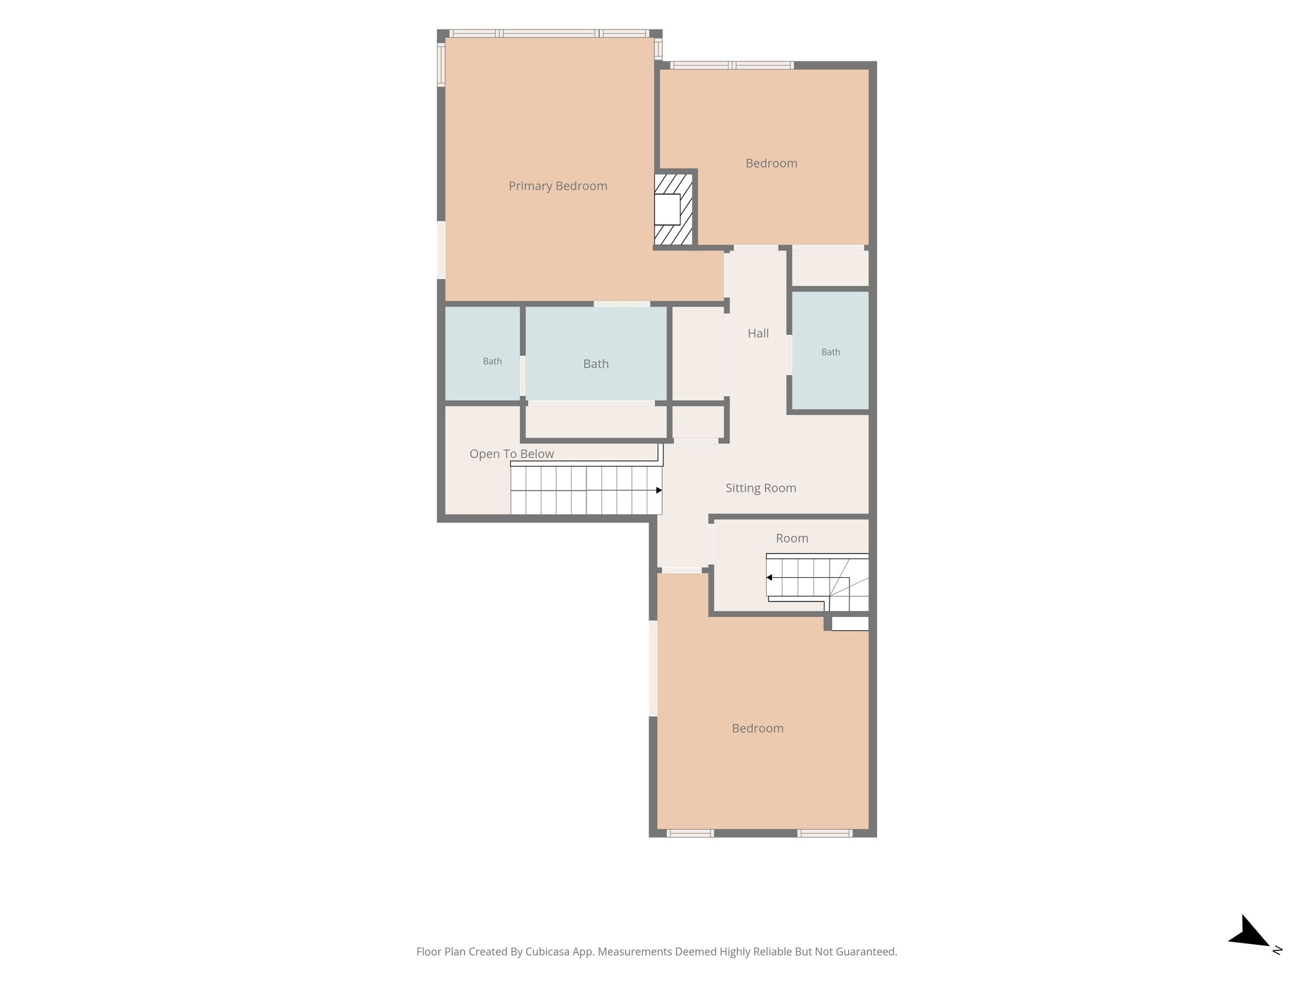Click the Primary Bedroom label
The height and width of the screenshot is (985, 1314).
click(558, 186)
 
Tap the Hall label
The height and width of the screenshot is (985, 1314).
click(758, 333)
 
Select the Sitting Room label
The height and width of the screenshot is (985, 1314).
click(760, 488)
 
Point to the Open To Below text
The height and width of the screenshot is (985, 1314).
click(511, 454)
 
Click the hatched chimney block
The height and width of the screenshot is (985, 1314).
click(674, 209)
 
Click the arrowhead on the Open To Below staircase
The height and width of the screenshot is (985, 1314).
click(659, 491)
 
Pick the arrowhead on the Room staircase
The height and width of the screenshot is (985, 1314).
click(769, 578)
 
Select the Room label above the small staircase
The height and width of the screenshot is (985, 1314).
click(792, 539)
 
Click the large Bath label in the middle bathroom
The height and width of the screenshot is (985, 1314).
click(595, 364)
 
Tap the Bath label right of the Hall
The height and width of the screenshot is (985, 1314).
click(830, 352)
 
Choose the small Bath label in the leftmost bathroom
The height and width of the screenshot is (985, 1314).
click(492, 362)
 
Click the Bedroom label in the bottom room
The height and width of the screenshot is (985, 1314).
click(758, 728)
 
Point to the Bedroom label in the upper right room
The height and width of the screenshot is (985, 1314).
click(771, 164)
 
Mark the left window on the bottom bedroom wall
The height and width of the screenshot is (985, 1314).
click(690, 833)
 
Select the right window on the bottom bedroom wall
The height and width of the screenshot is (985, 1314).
click(825, 833)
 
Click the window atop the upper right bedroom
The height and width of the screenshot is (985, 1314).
click(732, 65)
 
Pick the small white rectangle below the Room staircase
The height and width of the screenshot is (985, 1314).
click(850, 623)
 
